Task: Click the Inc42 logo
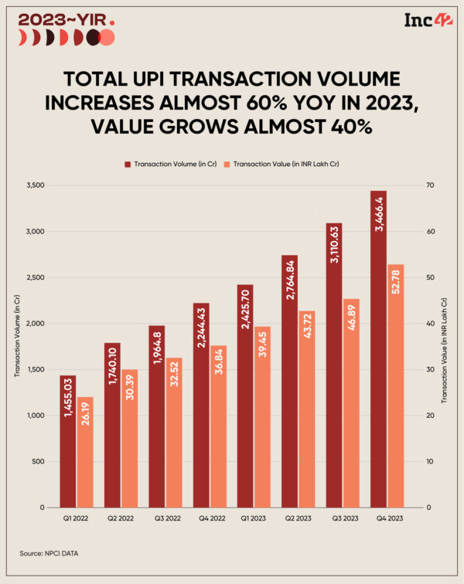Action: [x=423, y=20]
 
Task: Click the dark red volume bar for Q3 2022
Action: [x=156, y=416]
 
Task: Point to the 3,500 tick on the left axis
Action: [x=35, y=185]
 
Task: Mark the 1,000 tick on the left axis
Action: [x=35, y=416]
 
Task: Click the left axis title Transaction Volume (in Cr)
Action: [x=15, y=346]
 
